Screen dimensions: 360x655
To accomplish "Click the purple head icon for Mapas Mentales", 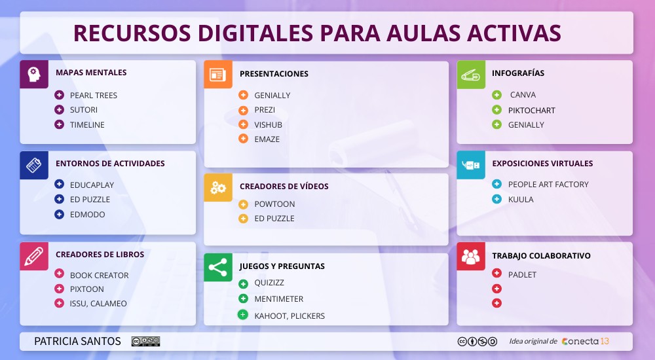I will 34,74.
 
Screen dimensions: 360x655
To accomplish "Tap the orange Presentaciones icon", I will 217,74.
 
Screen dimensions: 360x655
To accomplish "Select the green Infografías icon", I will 470,74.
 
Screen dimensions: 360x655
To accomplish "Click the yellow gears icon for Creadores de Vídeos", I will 217,187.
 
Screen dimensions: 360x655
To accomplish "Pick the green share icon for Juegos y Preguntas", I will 217,267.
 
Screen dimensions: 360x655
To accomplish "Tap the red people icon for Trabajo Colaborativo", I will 470,256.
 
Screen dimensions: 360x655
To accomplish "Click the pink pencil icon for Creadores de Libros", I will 34,256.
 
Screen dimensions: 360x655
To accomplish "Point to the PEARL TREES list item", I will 94,96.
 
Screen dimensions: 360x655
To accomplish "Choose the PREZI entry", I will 265,110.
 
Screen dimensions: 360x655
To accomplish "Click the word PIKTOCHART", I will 531,110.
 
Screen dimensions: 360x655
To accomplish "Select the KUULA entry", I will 521,199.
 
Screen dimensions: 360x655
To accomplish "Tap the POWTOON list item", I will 274,204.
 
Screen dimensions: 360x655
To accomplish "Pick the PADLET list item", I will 522,275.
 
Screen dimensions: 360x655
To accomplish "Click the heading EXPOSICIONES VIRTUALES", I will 542,164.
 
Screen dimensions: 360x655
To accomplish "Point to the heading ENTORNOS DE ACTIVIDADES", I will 110,164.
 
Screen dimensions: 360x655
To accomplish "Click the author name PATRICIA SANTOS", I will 77,342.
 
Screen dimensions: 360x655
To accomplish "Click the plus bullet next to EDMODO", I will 60,214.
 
